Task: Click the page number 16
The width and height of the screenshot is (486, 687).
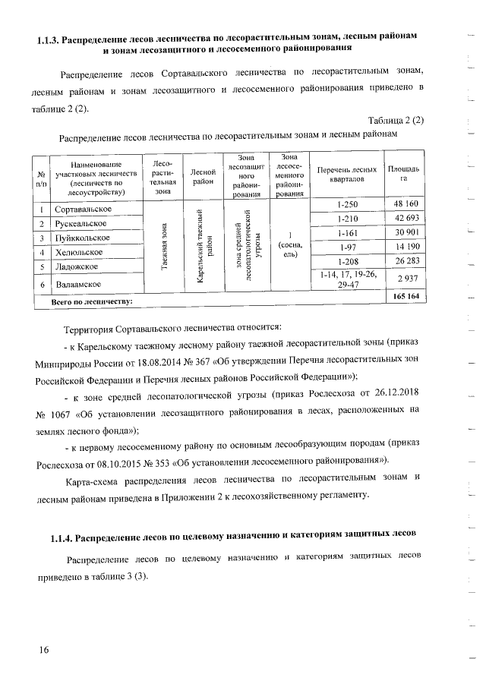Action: (x=43, y=649)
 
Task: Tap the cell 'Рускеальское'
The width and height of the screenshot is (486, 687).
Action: (x=82, y=223)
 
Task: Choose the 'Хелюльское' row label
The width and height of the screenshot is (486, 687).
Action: (x=78, y=252)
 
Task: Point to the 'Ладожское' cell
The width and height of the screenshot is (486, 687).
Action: (x=76, y=266)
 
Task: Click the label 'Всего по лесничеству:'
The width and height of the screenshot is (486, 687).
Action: (x=91, y=302)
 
